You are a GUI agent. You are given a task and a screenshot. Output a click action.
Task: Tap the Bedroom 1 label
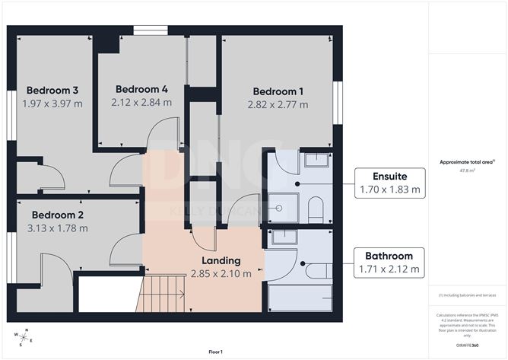[278, 91]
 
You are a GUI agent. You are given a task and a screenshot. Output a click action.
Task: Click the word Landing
[221, 260]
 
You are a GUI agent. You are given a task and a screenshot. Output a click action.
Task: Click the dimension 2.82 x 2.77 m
[278, 104]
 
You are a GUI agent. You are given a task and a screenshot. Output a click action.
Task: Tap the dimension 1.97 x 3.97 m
[51, 104]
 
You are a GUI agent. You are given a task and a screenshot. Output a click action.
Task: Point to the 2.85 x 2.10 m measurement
[221, 274]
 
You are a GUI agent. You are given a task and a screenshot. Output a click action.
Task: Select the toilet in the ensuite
[316, 207]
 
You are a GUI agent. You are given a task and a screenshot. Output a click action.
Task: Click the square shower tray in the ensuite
[282, 206]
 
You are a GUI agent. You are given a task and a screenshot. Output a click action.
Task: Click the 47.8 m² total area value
[463, 171]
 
